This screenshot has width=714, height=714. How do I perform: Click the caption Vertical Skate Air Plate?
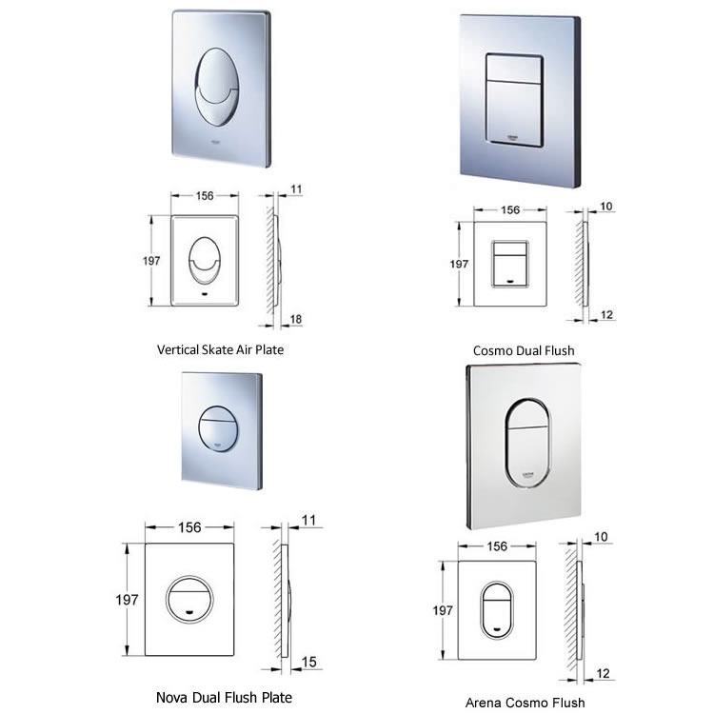tap(220, 349)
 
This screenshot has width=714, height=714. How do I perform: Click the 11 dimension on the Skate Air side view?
tap(295, 189)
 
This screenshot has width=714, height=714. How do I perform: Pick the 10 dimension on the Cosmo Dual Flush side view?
tap(606, 206)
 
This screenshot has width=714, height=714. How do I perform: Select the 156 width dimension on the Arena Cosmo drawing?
tap(497, 547)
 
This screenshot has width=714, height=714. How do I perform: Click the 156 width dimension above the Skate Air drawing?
tap(204, 196)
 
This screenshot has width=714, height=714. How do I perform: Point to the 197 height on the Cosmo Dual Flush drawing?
tap(460, 265)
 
